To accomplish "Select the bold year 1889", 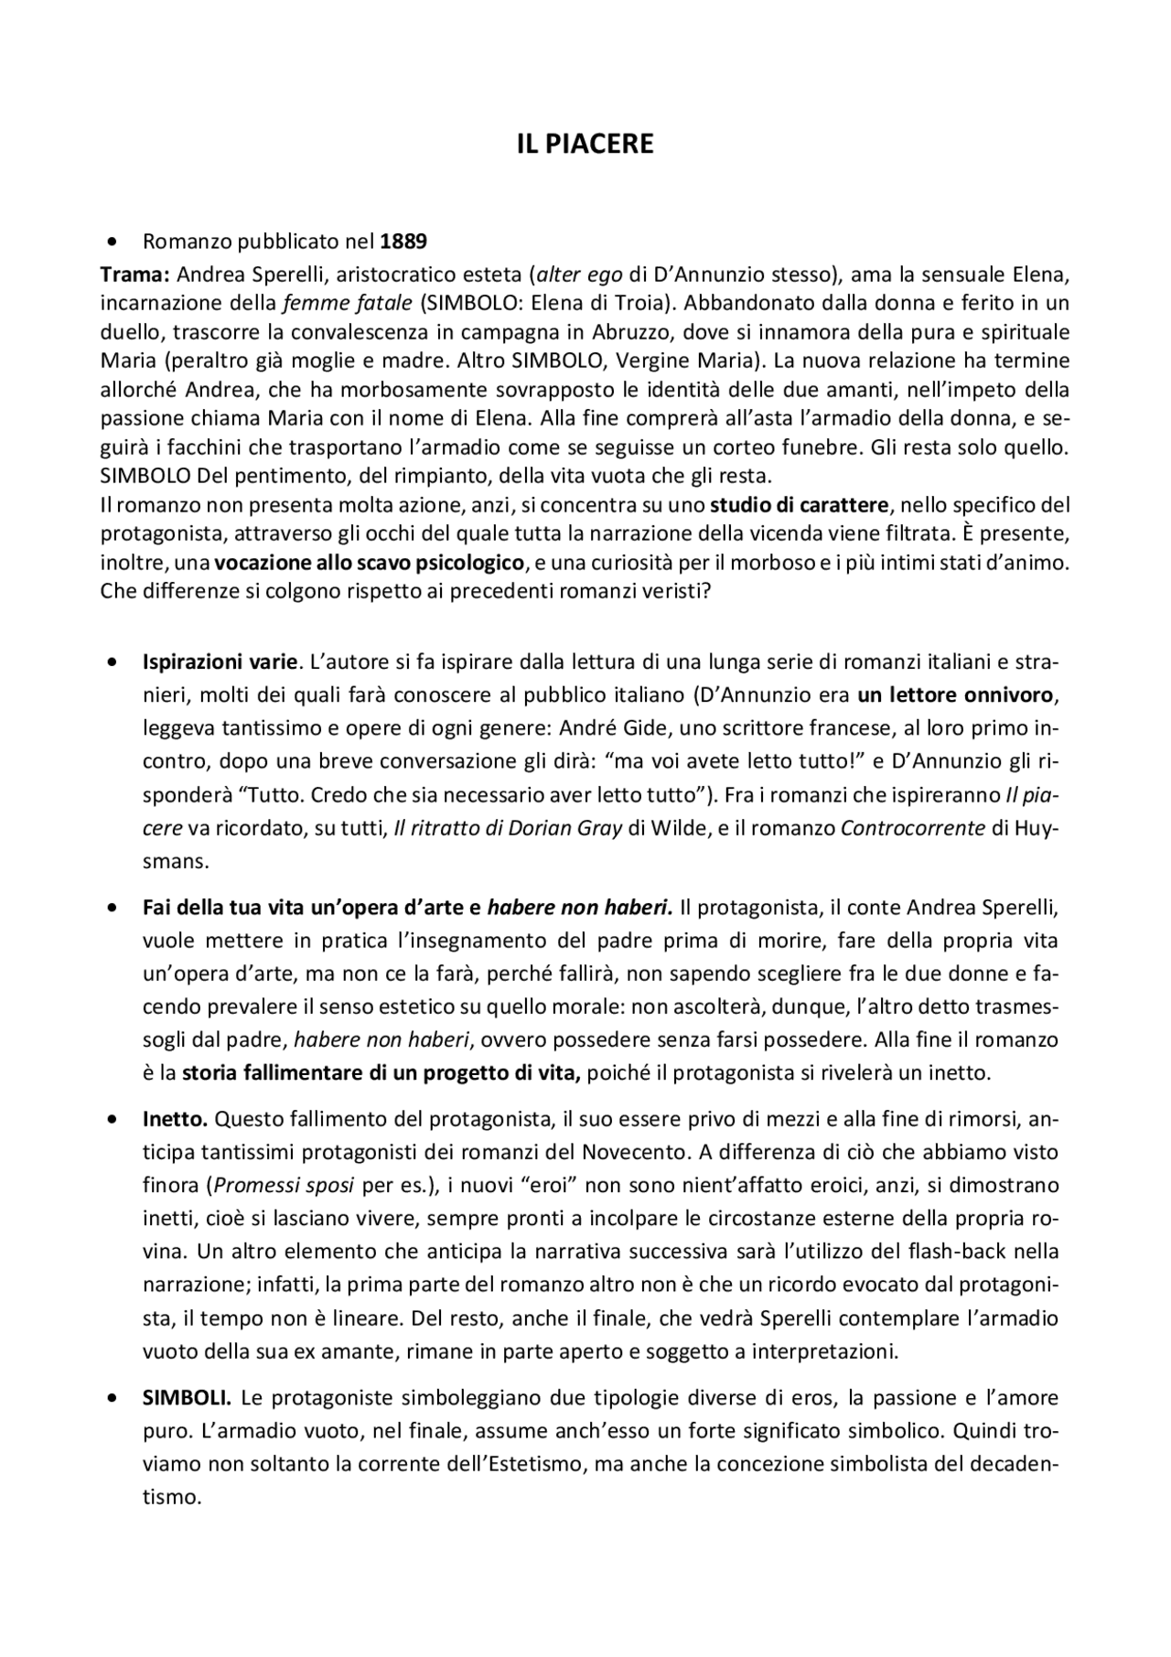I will coord(403,242).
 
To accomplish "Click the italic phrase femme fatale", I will coord(348,303).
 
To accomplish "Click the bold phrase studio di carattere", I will coord(799,505).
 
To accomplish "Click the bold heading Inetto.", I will coord(176,1118).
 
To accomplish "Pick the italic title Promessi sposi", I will coord(284,1185).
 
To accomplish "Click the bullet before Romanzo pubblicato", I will coord(113,242).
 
